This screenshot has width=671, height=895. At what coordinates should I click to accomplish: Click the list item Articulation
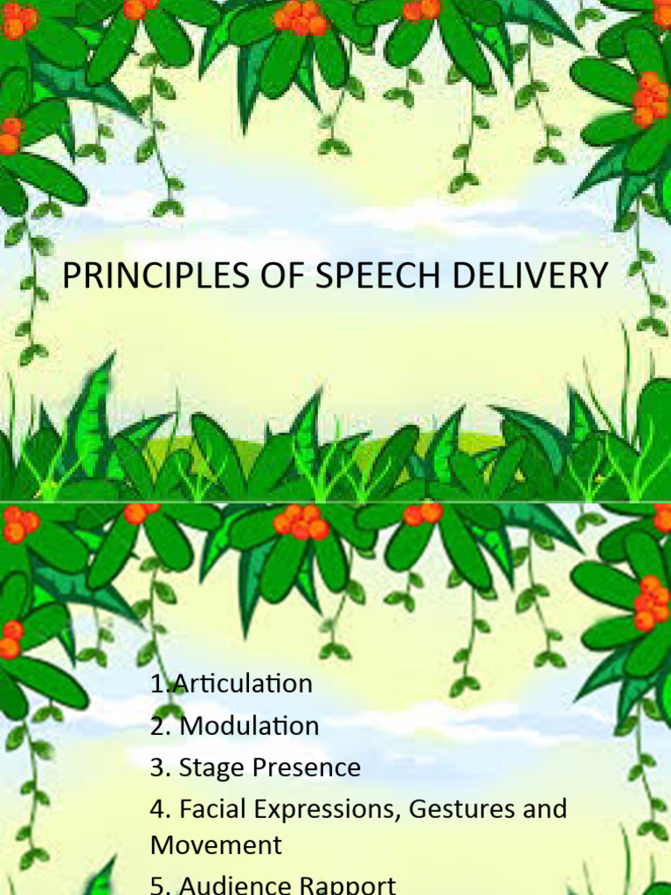(242, 683)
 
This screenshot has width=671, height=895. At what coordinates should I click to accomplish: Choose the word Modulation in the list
(249, 725)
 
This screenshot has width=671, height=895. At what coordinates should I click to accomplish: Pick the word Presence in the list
(307, 767)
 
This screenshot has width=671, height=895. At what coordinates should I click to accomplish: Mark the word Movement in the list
(216, 845)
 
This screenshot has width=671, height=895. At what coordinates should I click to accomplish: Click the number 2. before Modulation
(160, 725)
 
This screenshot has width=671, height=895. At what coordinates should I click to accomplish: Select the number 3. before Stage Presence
(160, 767)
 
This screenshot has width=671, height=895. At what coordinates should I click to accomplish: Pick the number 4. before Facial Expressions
(160, 808)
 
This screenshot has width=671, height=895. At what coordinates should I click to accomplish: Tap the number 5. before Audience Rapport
(160, 885)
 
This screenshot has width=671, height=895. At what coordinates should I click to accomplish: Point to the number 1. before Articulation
(160, 683)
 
